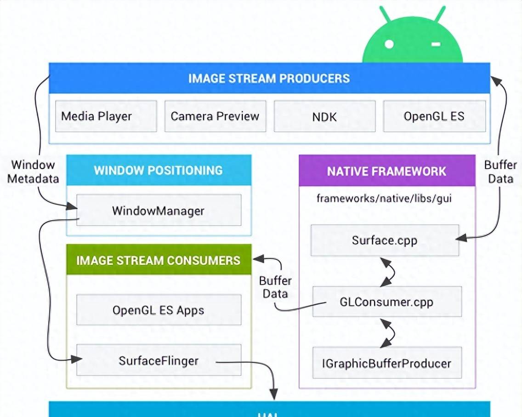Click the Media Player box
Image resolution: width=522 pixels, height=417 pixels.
click(x=106, y=116)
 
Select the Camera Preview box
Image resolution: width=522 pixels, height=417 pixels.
click(x=215, y=116)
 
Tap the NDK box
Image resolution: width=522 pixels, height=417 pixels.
click(x=324, y=116)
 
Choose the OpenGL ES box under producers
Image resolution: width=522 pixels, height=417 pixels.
click(x=434, y=116)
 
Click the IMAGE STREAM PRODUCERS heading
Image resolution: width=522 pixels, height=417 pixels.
click(x=269, y=78)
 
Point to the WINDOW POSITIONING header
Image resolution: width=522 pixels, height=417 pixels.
click(x=159, y=170)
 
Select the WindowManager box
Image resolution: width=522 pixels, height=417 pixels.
click(x=159, y=210)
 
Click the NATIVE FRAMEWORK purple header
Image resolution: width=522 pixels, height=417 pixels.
click(x=386, y=171)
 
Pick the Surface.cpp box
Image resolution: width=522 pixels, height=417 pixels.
click(x=385, y=240)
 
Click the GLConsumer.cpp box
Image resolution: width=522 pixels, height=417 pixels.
click(x=386, y=302)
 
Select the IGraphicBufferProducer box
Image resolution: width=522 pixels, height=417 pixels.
click(x=386, y=363)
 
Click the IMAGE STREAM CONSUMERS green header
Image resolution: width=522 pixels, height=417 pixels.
click(x=159, y=260)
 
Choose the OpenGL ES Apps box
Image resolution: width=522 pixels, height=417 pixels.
click(x=159, y=310)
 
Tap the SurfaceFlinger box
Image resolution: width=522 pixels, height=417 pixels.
click(x=159, y=360)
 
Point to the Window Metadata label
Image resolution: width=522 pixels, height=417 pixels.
click(x=33, y=171)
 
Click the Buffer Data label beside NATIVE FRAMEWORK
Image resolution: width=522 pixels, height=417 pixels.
click(x=500, y=171)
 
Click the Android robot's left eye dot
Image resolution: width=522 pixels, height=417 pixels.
click(x=389, y=44)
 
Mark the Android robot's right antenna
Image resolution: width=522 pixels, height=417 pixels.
click(x=440, y=14)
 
